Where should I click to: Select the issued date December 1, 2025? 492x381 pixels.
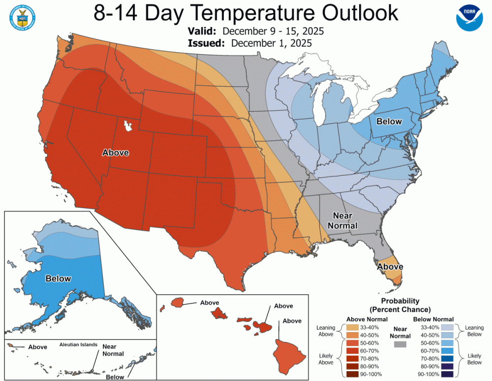pyautogui.click(x=271, y=43)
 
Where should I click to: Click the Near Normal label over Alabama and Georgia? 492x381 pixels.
pyautogui.click(x=345, y=221)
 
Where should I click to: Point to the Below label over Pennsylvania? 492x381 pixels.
pyautogui.click(x=389, y=122)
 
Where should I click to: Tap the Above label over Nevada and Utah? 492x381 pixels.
pyautogui.click(x=115, y=153)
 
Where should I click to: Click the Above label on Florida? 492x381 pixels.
pyautogui.click(x=390, y=266)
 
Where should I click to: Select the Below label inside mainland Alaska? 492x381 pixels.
pyautogui.click(x=58, y=279)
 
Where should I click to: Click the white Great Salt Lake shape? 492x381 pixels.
pyautogui.click(x=129, y=126)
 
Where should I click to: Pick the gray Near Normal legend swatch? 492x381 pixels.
pyautogui.click(x=400, y=345)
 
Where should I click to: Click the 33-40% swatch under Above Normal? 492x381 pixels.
pyautogui.click(x=351, y=327)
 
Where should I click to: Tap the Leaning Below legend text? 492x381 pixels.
pyautogui.click(x=474, y=331)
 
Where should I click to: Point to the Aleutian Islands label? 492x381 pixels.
pyautogui.click(x=79, y=345)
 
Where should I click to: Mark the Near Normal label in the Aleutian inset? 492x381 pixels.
pyautogui.click(x=113, y=350)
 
